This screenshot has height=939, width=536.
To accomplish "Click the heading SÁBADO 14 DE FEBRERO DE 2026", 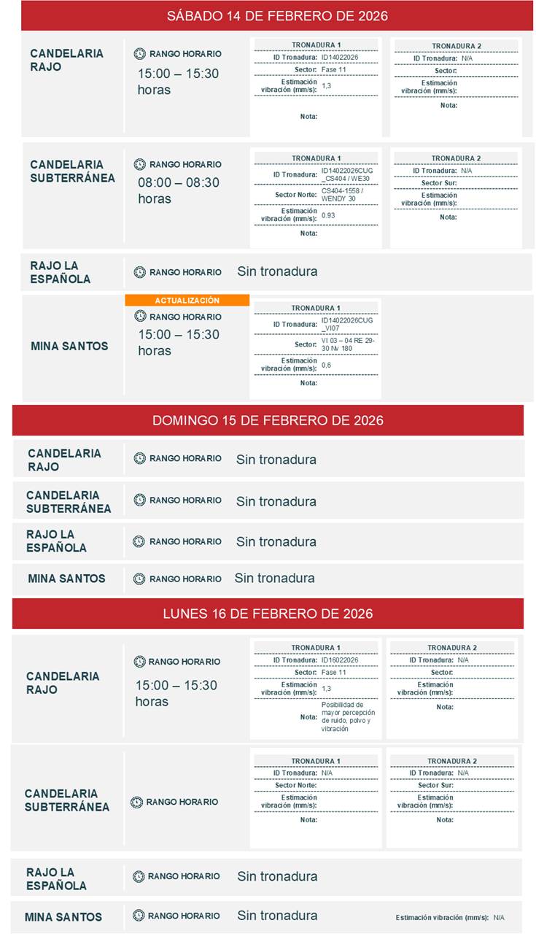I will tap(277, 15).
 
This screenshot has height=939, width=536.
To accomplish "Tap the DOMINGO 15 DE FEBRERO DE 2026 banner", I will tap(268, 420).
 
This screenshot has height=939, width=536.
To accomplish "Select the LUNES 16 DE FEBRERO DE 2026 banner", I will tap(268, 614).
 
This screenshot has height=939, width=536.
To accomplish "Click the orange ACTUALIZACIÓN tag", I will tap(187, 301).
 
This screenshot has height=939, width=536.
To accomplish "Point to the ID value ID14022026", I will tap(340, 57).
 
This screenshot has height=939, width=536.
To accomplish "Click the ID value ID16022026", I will tap(340, 660).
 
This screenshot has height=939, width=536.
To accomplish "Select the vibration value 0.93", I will tap(328, 216).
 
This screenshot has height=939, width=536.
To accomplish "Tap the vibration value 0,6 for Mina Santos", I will tap(326, 365).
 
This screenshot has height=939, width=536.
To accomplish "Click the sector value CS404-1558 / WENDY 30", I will tap(342, 195).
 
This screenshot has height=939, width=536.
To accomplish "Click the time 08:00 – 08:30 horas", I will tap(179, 190).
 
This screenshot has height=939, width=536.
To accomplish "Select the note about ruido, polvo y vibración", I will tap(348, 716).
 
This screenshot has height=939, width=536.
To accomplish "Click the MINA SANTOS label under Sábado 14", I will tap(69, 346).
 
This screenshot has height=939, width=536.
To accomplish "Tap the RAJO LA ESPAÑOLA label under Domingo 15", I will tap(56, 541).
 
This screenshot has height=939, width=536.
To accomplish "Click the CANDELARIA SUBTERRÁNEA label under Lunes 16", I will tap(67, 800).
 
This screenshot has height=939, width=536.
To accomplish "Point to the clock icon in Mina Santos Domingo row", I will tap(139, 579).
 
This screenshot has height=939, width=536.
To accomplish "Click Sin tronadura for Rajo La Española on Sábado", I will tap(277, 271).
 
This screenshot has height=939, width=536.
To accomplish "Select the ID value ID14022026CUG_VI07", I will tap(346, 324).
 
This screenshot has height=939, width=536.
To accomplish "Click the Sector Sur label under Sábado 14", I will tap(438, 183).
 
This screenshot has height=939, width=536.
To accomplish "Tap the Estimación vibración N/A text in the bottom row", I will tap(450, 918).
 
